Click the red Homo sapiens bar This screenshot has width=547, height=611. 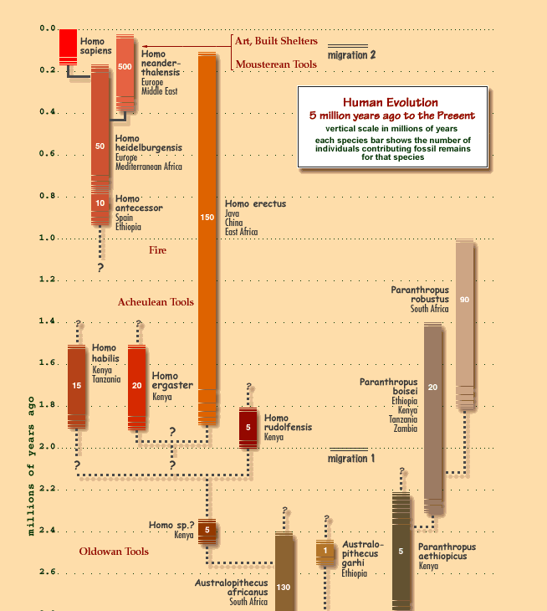tap(68, 45)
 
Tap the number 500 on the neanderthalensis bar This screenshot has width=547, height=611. tap(125, 66)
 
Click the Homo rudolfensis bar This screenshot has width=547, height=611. tap(248, 427)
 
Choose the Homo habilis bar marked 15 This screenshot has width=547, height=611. tap(77, 386)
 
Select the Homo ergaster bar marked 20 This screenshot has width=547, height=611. tap(137, 386)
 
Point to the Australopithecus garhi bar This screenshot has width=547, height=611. tap(325, 551)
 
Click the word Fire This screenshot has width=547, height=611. tap(157, 250)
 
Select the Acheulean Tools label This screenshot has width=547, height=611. tap(156, 302)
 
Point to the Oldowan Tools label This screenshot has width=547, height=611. tap(114, 552)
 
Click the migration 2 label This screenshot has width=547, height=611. tap(351, 55)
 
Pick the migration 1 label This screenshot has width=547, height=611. tap(351, 459)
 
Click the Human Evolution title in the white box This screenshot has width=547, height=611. tap(390, 102)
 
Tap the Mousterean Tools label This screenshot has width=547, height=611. tap(274, 64)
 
